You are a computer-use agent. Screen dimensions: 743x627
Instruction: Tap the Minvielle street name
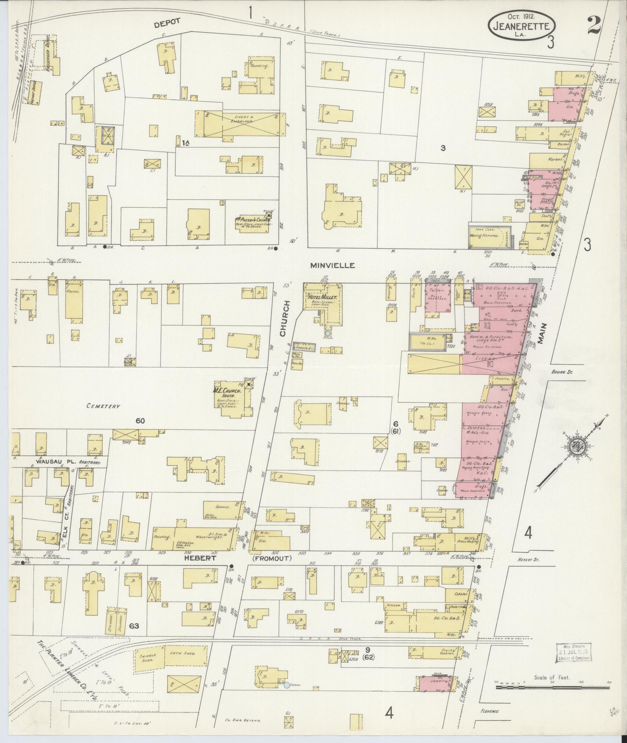pos(332,265)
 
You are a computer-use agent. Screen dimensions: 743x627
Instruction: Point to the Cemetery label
pos(103,406)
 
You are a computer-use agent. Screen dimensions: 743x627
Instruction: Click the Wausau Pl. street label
pos(52,462)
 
